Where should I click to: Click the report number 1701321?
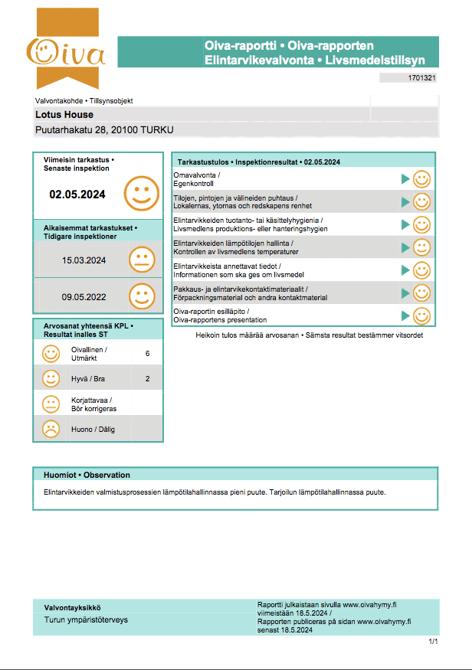pyautogui.click(x=422, y=78)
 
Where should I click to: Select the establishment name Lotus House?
pyautogui.click(x=64, y=115)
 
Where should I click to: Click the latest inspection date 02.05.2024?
pyautogui.click(x=77, y=194)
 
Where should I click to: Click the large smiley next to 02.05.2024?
pyautogui.click(x=141, y=193)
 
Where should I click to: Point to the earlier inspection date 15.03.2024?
pyautogui.click(x=84, y=260)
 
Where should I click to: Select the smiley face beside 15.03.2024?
pyautogui.click(x=142, y=260)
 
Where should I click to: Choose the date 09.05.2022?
pyautogui.click(x=84, y=296)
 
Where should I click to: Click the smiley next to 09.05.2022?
pyautogui.click(x=142, y=296)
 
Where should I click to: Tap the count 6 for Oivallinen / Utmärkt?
pyautogui.click(x=147, y=353)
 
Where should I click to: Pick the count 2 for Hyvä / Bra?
pyautogui.click(x=147, y=378)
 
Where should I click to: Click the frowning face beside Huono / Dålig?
pyautogui.click(x=51, y=429)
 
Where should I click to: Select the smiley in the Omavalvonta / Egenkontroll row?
pyautogui.click(x=421, y=179)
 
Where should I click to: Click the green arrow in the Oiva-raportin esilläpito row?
pyautogui.click(x=406, y=315)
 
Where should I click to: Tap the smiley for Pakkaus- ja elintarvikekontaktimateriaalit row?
pyautogui.click(x=421, y=293)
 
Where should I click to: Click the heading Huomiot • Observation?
pyautogui.click(x=87, y=475)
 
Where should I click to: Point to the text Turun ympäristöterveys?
pyautogui.click(x=86, y=619)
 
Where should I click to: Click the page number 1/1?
pyautogui.click(x=434, y=641)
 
